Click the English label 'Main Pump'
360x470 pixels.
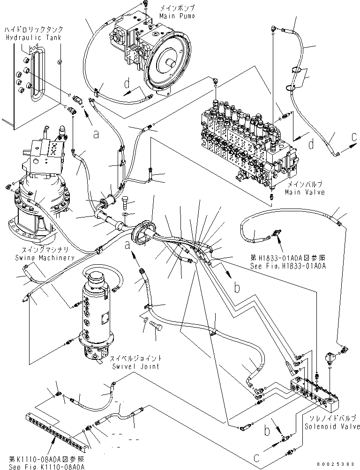(176, 15)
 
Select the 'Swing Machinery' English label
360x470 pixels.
(38, 258)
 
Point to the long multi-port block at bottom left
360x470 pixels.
(56, 428)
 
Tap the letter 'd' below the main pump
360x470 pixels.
(127, 84)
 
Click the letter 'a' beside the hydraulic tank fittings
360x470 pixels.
(96, 134)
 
